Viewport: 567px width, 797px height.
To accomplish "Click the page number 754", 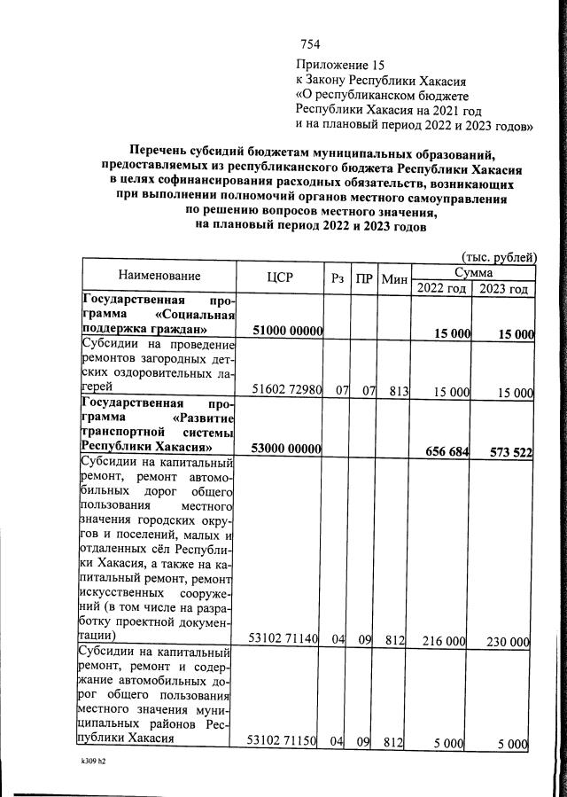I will coord(309,44).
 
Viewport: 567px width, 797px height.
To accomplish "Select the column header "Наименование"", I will coord(159,277).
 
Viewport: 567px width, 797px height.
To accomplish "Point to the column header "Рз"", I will coord(337,277).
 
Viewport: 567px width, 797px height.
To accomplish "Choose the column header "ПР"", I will coord(363,277).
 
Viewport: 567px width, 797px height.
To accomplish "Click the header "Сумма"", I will coord(472,270).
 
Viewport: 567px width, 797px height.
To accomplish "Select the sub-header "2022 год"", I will coord(439,288).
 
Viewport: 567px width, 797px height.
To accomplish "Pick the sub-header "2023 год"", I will coord(503,288).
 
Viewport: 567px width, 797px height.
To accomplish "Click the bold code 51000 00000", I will coord(286,332).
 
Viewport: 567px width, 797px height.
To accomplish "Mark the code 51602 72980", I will coord(286,389).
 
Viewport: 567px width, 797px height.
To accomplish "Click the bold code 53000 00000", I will coord(286,449).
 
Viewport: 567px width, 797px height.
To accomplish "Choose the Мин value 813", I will coord(392,390).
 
